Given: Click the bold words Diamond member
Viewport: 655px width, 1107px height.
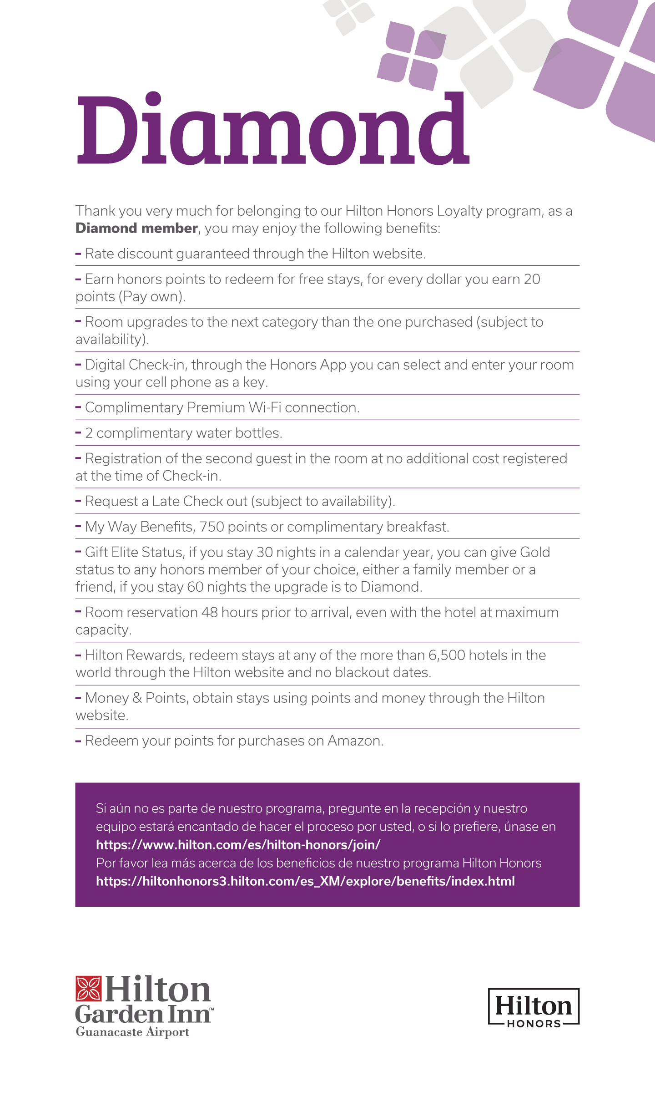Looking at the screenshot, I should click(x=136, y=228).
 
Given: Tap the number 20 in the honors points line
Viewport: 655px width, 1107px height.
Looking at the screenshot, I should click(x=532, y=279).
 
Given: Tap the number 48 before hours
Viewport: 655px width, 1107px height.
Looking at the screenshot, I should click(x=209, y=612).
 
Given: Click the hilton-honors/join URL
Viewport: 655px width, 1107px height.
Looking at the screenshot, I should click(x=238, y=845).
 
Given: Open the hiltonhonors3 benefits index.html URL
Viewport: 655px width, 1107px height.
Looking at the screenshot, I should click(x=305, y=881).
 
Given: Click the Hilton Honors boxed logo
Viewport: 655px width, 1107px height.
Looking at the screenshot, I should click(x=534, y=1006).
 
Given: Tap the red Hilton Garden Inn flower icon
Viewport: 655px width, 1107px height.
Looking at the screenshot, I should click(x=88, y=989).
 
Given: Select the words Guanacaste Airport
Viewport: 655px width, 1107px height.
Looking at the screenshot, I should click(x=132, y=1032).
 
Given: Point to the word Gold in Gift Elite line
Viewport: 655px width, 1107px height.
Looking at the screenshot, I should click(x=535, y=552).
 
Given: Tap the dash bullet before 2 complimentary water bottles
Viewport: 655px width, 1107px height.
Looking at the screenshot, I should click(x=78, y=432).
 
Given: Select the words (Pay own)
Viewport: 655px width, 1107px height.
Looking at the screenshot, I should click(x=152, y=296).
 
